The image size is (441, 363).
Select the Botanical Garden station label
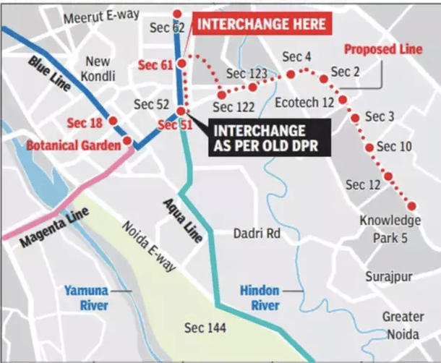point(73,145)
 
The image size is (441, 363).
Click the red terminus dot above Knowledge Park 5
point(413,205)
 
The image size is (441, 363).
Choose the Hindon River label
point(260,297)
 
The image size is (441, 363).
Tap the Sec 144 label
point(205,328)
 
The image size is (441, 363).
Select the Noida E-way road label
point(148,247)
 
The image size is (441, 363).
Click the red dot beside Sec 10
point(370,148)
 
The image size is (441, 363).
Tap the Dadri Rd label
point(256,234)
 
